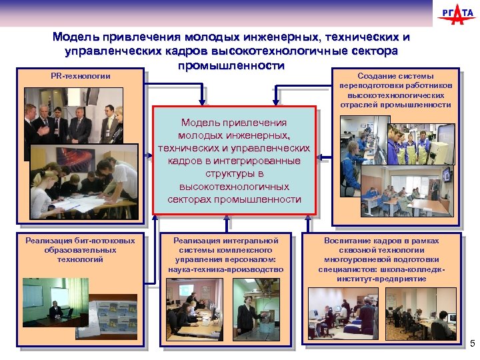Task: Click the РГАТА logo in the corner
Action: (x=456, y=14)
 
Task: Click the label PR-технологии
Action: (x=81, y=76)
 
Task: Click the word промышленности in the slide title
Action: (x=231, y=66)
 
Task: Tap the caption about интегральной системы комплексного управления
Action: (x=226, y=254)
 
